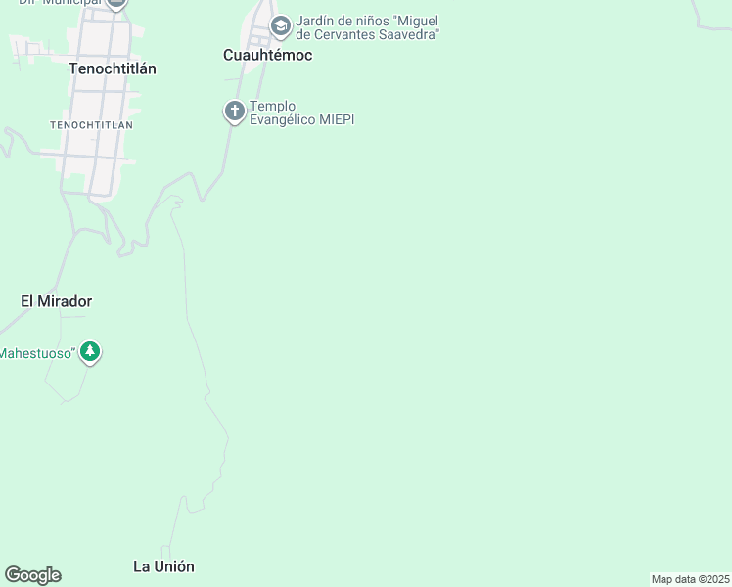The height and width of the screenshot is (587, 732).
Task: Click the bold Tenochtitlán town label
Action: coord(114,68)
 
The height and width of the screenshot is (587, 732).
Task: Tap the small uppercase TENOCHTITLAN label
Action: coord(91,125)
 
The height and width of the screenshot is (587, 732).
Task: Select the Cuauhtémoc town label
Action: coord(267,55)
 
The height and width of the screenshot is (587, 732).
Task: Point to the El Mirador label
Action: coord(57,301)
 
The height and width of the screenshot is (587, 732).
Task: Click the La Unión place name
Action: coord(163,566)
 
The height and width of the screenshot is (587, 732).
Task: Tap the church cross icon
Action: coord(235,112)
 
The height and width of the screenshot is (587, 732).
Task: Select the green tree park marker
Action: coord(90,351)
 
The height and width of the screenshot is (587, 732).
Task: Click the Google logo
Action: coord(32,575)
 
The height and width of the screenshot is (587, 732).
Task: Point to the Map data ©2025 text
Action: coord(690,579)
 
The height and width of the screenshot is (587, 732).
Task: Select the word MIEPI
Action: coord(336,119)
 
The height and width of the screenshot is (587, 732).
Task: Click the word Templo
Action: coord(273,106)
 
